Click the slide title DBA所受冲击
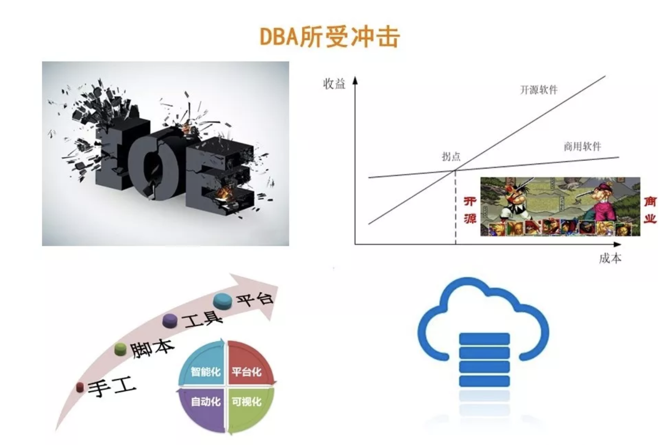(330, 37)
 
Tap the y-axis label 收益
(334, 84)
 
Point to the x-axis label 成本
(610, 258)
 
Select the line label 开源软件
(539, 90)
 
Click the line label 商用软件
(582, 146)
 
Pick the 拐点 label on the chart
(451, 157)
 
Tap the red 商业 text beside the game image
(650, 209)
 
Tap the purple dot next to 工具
(170, 320)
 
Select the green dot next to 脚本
(120, 349)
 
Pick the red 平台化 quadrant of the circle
(248, 366)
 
